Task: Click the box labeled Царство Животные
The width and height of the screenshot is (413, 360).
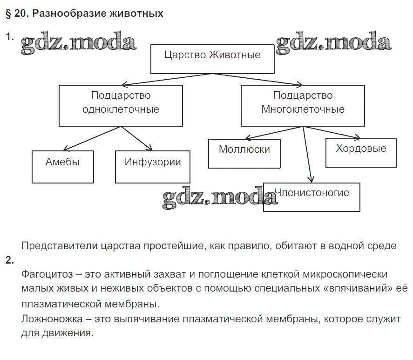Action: [x=212, y=59]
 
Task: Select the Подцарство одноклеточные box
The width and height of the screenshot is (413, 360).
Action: [x=121, y=105]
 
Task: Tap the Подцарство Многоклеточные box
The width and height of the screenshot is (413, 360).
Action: [x=303, y=105]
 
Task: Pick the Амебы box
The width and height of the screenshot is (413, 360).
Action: [x=62, y=167]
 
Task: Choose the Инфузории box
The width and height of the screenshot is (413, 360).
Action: [x=152, y=167]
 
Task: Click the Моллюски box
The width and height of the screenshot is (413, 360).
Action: [x=244, y=153]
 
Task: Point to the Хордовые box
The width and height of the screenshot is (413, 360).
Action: [x=361, y=153]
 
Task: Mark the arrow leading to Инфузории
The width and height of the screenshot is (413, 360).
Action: [x=137, y=138]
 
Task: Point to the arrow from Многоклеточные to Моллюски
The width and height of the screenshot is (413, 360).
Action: [x=272, y=133]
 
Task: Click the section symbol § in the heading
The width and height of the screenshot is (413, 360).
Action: [x=8, y=14]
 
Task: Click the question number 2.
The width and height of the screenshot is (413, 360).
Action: [x=9, y=260]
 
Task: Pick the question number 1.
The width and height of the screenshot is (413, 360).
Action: [x=9, y=36]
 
